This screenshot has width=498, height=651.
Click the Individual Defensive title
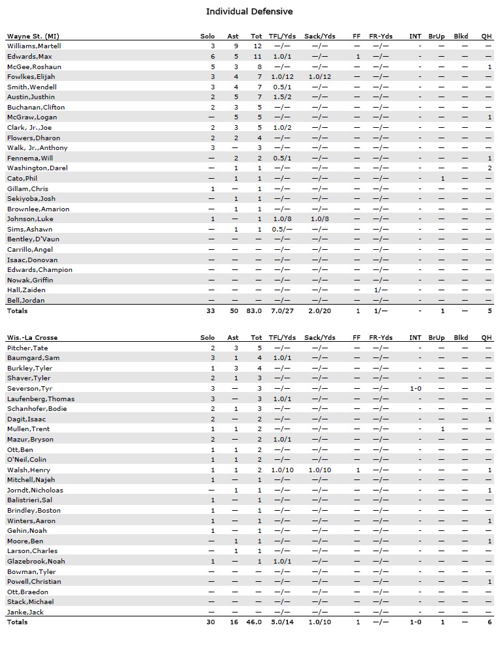point(249,12)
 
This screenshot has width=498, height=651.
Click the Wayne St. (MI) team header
point(37,36)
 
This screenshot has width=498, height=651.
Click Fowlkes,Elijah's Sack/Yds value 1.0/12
point(320,77)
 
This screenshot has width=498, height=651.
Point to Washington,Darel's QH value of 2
point(490,168)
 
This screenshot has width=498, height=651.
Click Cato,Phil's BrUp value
point(442,178)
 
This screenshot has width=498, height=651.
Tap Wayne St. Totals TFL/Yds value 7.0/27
point(283,311)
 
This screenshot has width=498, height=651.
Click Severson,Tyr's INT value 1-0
point(416,388)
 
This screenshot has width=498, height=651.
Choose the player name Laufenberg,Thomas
point(40,399)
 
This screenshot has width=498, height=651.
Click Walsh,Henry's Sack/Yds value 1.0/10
point(320,470)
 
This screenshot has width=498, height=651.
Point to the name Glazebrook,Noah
point(36,561)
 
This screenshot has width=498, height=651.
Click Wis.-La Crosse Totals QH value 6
point(490,622)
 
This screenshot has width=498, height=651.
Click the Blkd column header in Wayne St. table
point(461,36)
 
